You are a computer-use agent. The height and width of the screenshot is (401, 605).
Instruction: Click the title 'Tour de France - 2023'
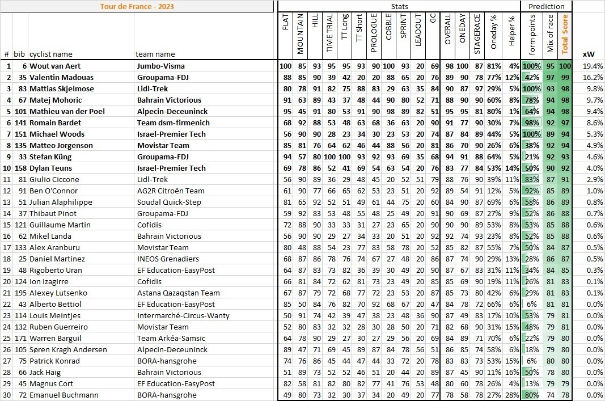(x=137, y=7)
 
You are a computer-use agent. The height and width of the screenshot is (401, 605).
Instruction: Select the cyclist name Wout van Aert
(x=55, y=66)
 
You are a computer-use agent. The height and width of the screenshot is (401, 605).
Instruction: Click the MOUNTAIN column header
(x=300, y=34)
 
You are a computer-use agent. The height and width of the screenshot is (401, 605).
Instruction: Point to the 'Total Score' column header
(x=565, y=34)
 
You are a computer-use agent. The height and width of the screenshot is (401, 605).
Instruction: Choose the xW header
(x=589, y=54)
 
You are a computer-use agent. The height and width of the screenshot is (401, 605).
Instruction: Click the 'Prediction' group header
(x=546, y=6)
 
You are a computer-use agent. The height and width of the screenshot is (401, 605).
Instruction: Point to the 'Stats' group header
(x=399, y=6)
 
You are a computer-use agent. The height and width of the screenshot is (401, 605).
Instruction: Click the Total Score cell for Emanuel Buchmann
(x=565, y=395)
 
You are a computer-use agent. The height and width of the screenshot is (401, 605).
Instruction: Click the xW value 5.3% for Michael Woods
(x=592, y=134)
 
